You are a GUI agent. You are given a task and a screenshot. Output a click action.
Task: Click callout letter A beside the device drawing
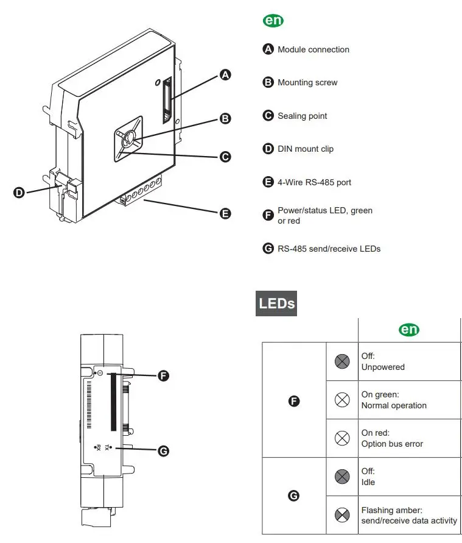point(225,75)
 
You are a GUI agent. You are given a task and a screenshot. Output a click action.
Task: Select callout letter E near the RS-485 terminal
point(225,213)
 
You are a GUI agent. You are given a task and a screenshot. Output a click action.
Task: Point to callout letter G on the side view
point(163,451)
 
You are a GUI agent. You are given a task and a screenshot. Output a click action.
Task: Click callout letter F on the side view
point(163,376)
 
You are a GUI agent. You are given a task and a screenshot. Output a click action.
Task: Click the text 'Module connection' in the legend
point(313,49)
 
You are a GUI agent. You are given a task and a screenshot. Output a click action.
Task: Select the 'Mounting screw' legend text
point(307,82)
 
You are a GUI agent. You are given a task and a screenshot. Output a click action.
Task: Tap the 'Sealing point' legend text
point(302,116)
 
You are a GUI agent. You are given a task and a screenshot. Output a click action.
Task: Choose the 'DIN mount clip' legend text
point(306,149)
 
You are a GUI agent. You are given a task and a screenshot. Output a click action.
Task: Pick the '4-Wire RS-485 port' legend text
point(314,182)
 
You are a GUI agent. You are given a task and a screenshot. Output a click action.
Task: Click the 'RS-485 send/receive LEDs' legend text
point(329,249)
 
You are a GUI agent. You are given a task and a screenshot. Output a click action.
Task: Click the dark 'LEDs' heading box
point(276,303)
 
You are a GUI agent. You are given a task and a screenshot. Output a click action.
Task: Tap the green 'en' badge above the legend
point(273,21)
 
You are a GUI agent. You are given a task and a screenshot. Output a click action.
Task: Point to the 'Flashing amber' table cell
point(408,515)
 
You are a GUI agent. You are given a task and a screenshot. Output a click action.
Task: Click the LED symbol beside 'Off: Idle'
point(343,477)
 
